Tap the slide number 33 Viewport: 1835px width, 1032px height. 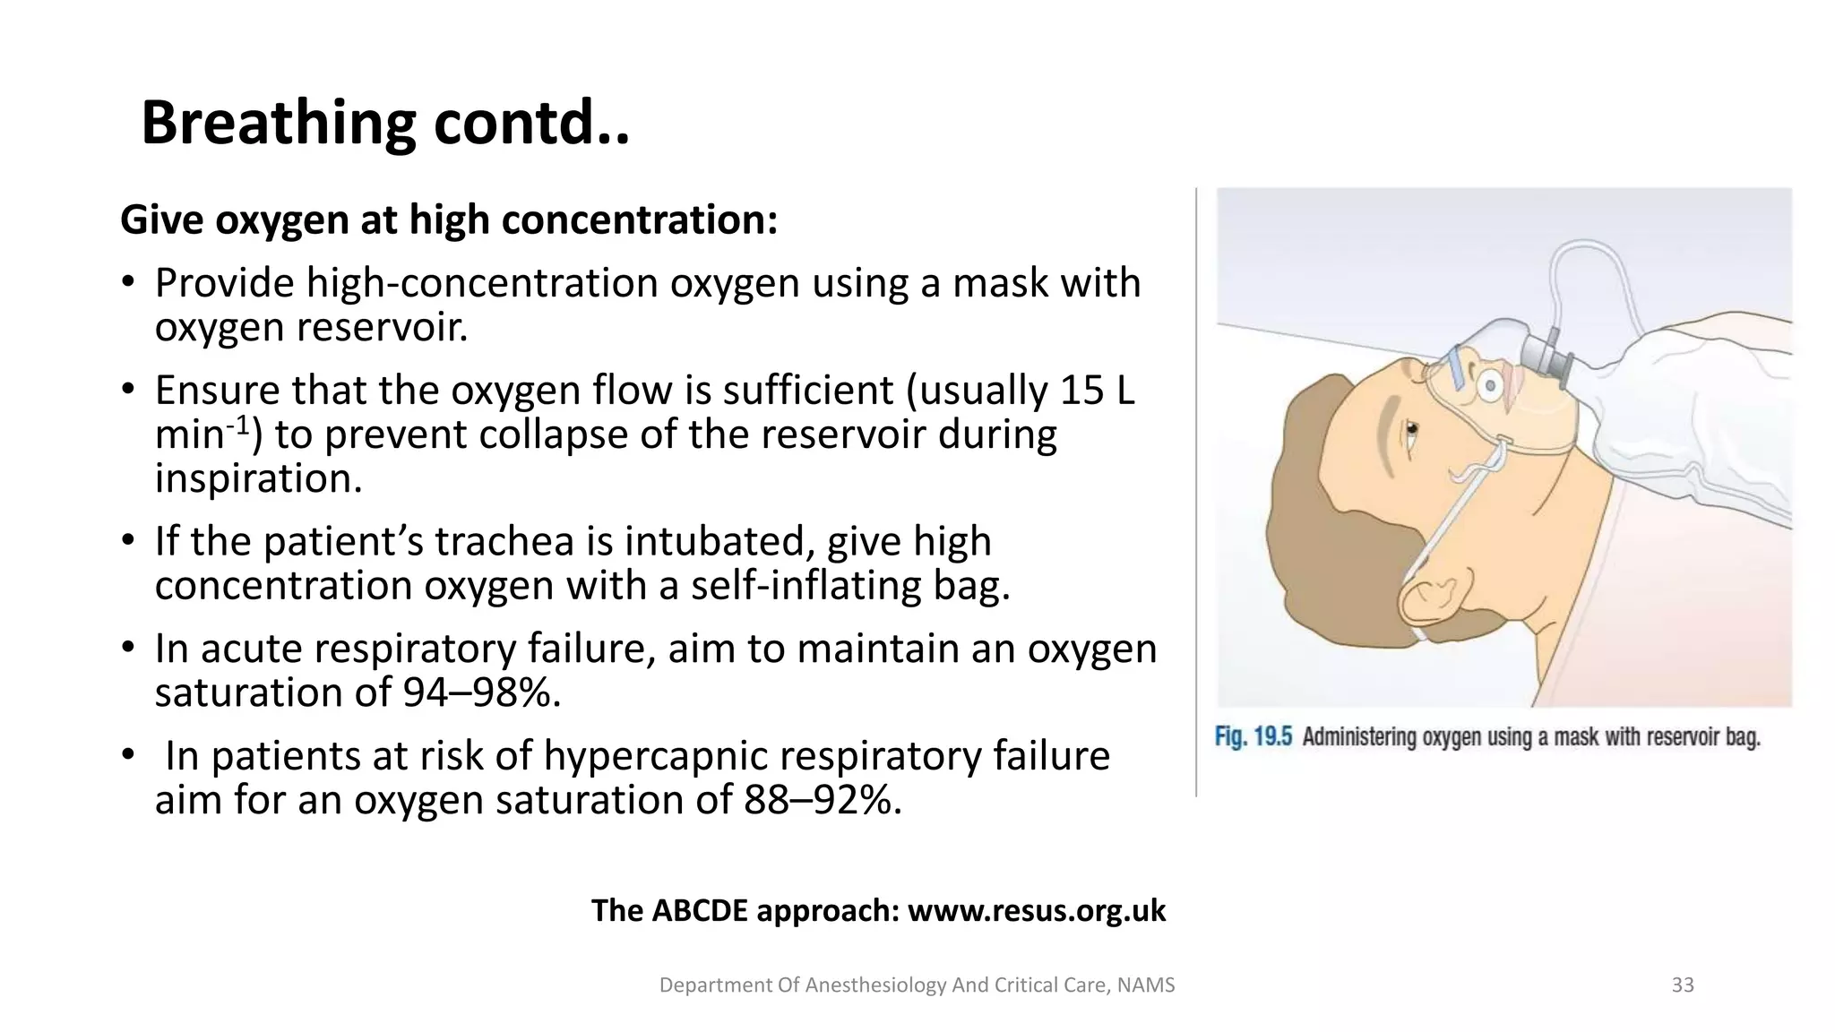click(x=1683, y=985)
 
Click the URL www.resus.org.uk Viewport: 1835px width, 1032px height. click(x=1037, y=911)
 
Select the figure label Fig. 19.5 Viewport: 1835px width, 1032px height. click(x=1253, y=737)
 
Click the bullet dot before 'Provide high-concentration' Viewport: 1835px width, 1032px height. click(x=128, y=283)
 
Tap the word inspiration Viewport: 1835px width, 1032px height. click(x=258, y=478)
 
